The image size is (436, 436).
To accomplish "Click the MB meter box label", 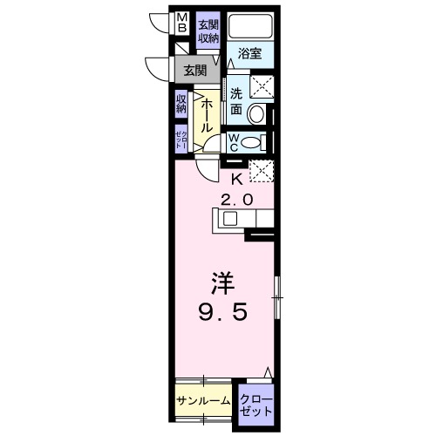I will click(181, 23).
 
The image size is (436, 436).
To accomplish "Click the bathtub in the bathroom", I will click(251, 26).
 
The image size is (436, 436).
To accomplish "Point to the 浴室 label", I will click(250, 53).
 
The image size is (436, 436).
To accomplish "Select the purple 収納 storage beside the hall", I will click(181, 106).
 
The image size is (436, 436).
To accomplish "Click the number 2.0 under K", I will click(236, 200).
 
